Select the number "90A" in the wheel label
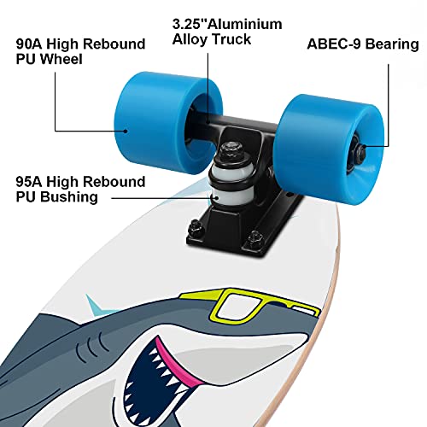30,44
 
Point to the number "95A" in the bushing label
30,181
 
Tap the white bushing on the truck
228,182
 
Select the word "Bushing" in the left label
67,197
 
